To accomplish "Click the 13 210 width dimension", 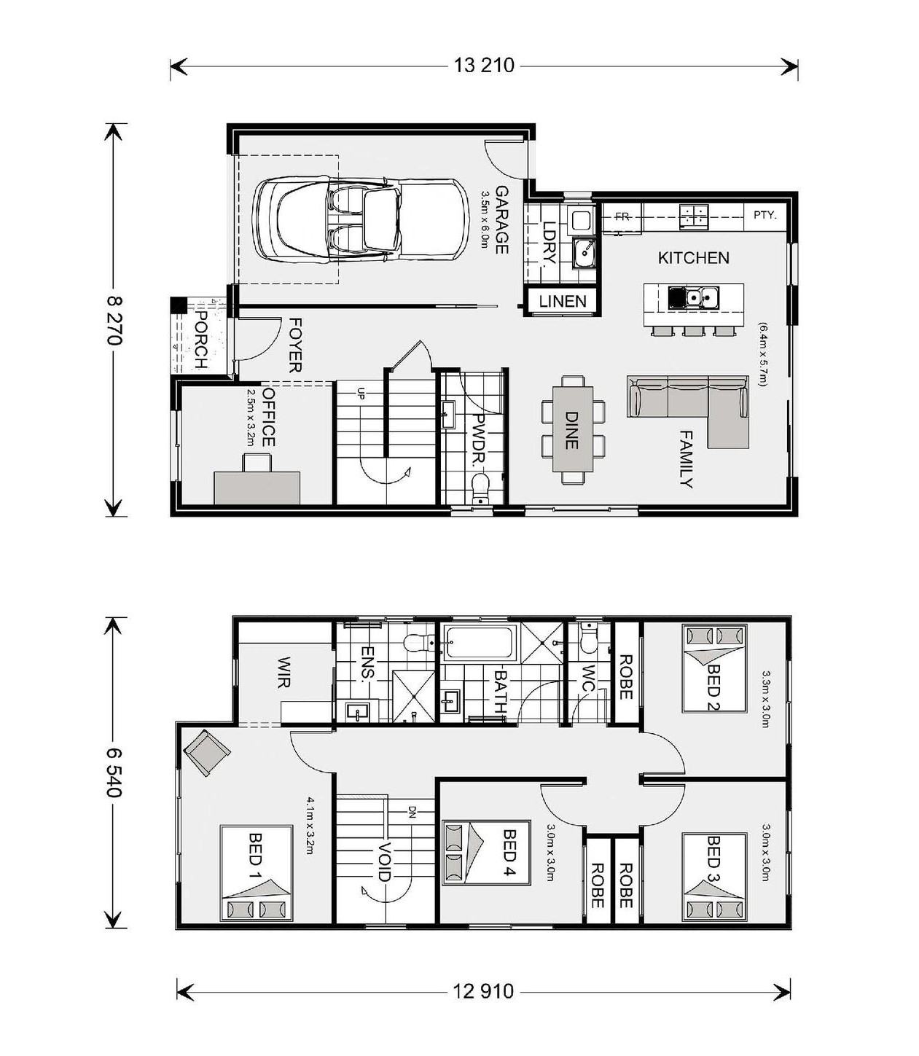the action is [483, 66].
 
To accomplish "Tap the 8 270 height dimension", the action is [114, 320].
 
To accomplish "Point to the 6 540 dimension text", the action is [114, 772].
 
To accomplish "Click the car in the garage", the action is [361, 220].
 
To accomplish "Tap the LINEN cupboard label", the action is [563, 301].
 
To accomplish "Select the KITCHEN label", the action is [694, 257].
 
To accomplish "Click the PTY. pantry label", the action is [765, 215].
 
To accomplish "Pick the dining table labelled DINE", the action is [573, 429].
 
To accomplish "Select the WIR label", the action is [284, 673].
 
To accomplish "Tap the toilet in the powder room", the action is [480, 488].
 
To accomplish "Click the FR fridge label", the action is [622, 216].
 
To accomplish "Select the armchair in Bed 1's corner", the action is [207, 753].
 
